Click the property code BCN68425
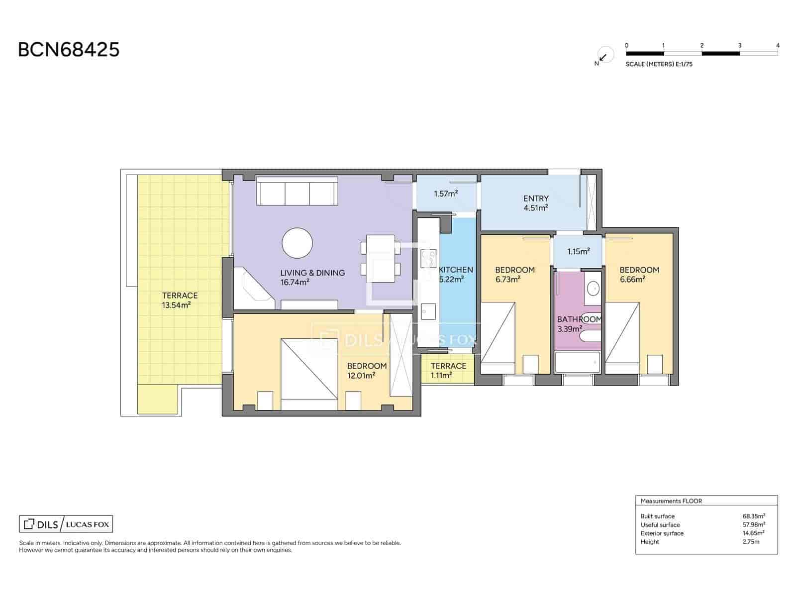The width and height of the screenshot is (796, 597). tap(69, 50)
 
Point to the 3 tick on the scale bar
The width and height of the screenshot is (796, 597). tap(739, 46)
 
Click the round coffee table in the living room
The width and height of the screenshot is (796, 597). tap(297, 243)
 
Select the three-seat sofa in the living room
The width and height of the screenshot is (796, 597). tap(297, 193)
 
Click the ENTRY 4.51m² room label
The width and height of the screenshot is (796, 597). tap(535, 203)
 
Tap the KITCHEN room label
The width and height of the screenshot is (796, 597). tap(456, 270)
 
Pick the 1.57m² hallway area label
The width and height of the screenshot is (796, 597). tap(445, 194)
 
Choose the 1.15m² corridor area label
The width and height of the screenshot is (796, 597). tap(578, 252)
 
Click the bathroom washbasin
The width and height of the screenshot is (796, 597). tap(593, 288)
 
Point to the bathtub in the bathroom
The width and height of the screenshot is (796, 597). tap(578, 362)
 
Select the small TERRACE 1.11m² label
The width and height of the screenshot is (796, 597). tap(448, 371)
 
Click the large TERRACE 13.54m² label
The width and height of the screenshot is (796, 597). tap(179, 300)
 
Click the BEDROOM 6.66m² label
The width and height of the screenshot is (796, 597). tap(639, 274)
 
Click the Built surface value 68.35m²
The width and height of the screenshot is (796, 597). tap(753, 516)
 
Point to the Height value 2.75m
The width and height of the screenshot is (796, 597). tap(750, 542)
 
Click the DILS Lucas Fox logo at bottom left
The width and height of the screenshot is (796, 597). tap(66, 524)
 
